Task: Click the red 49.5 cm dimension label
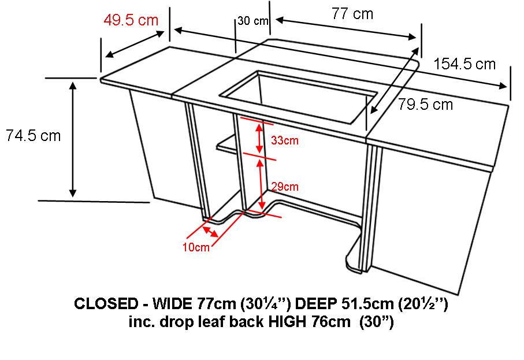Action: click(131, 20)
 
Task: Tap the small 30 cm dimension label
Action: click(253, 21)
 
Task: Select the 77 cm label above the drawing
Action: click(352, 14)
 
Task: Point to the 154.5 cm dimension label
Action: click(464, 64)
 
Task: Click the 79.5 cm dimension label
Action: click(425, 105)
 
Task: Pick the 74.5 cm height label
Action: click(33, 136)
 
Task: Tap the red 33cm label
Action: click(285, 140)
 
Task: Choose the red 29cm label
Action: click(285, 187)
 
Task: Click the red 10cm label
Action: click(196, 247)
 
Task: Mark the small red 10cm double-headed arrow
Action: click(210, 231)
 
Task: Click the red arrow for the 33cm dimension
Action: click(259, 138)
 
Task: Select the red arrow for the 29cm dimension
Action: click(261, 183)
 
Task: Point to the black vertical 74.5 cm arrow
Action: click(73, 139)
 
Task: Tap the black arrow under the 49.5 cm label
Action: click(135, 44)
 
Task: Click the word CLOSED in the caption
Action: click(106, 303)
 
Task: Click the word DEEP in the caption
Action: click(316, 303)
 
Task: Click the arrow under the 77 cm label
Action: click(346, 29)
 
